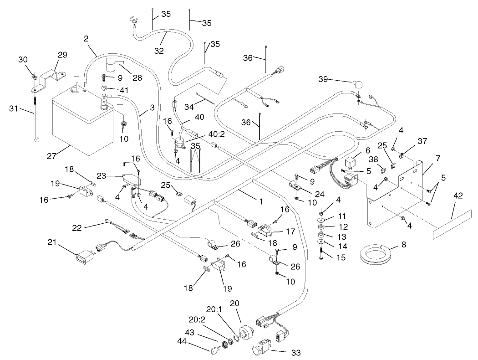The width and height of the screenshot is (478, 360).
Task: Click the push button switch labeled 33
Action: [260, 350]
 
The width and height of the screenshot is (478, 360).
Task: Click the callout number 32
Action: [158, 51]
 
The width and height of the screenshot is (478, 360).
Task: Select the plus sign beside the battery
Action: [120, 105]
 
